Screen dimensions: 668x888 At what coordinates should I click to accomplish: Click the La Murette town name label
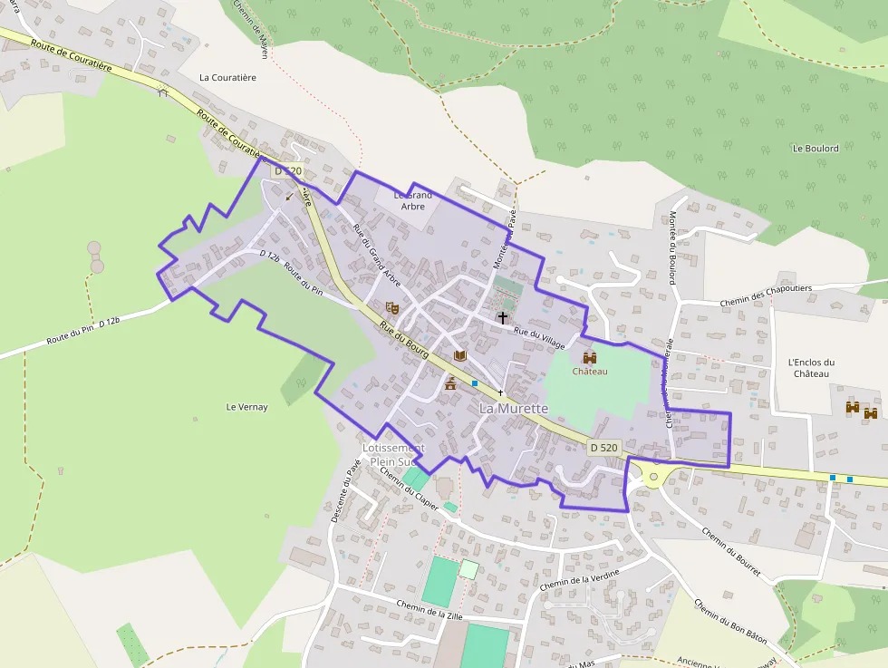[x=513, y=409]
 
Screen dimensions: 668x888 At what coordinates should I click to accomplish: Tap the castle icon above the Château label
[x=590, y=357]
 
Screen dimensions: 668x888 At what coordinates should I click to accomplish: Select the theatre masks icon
[x=391, y=309]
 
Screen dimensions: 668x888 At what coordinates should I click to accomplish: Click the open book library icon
[x=459, y=355]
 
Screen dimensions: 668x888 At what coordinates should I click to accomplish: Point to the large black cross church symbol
[x=502, y=318]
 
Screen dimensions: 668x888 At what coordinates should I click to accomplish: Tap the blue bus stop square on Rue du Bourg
[x=474, y=383]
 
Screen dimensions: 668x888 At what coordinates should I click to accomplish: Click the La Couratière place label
[x=227, y=78]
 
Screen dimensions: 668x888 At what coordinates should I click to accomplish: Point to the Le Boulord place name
[x=816, y=149]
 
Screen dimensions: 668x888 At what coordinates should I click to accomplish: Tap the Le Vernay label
[x=246, y=407]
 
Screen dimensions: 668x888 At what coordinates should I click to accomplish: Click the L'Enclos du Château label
[x=811, y=368]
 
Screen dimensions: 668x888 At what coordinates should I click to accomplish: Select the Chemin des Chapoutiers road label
[x=767, y=288]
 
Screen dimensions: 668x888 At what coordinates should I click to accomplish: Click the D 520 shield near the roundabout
[x=603, y=447]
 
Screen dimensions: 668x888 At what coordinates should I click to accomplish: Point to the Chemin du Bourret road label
[x=731, y=553]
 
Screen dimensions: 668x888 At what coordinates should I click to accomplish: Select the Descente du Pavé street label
[x=346, y=490]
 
